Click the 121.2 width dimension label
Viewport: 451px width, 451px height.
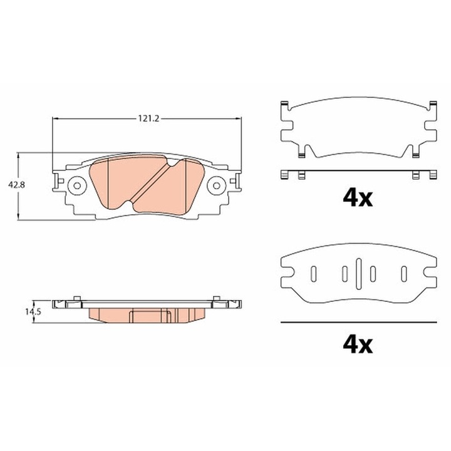(x=147, y=118)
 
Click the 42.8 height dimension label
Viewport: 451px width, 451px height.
(x=16, y=185)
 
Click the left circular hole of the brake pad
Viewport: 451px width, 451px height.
(x=77, y=185)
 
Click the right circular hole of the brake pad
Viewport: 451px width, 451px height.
(x=216, y=185)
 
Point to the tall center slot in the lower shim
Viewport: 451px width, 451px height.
(x=358, y=274)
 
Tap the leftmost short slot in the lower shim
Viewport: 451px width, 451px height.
(x=314, y=274)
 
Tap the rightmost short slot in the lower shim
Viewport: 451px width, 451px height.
(x=404, y=274)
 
